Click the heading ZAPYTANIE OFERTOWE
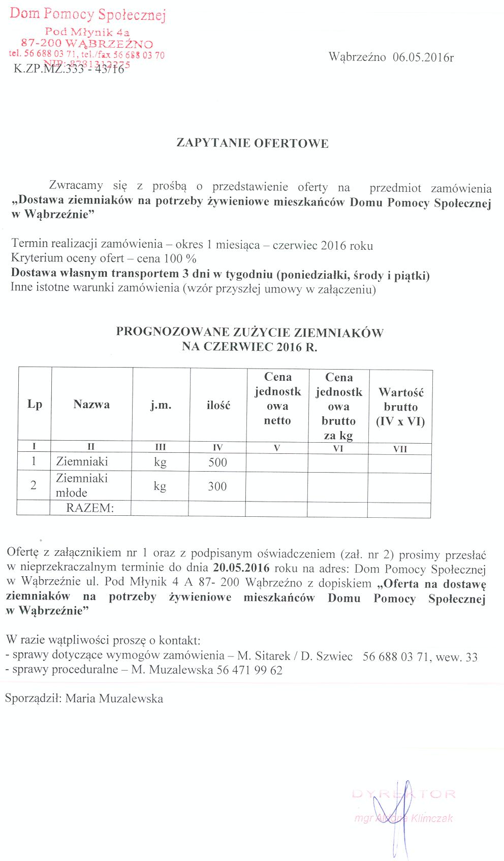point(252,143)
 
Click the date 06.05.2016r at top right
point(423,57)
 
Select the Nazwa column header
point(91,405)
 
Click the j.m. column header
point(161,405)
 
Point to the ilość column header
point(218,405)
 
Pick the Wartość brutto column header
point(400,406)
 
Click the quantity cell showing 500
point(217,462)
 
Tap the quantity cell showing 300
point(217,486)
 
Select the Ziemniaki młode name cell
point(81,485)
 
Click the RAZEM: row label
point(90,508)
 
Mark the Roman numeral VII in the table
point(400,449)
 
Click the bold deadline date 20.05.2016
point(241,568)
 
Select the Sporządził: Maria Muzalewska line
point(84,699)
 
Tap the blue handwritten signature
point(391,812)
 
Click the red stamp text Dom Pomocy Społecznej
point(88,14)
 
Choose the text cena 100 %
point(167,258)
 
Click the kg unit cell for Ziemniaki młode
point(160,486)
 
